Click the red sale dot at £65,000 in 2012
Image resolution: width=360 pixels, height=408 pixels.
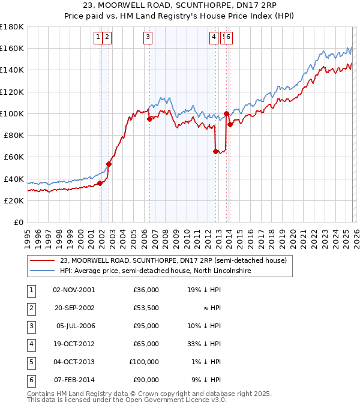pyautogui.click(x=215, y=152)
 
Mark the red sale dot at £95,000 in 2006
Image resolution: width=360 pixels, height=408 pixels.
pyautogui.click(x=149, y=119)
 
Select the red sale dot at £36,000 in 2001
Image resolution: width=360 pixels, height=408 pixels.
pyautogui.click(x=100, y=183)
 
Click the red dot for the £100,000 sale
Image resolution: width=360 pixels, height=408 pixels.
pyautogui.click(x=226, y=113)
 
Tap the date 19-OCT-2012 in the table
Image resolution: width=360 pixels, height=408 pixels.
pyautogui.click(x=74, y=344)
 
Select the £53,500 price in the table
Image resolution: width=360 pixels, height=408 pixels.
pyautogui.click(x=146, y=308)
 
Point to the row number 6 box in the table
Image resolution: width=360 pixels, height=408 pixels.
pyautogui.click(x=30, y=380)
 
